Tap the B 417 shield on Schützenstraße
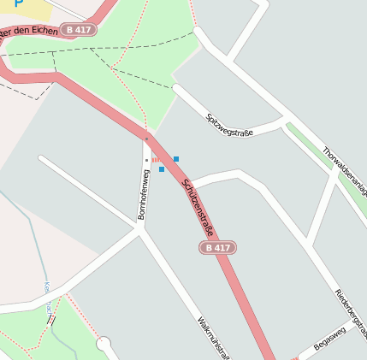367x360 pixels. coord(217,247)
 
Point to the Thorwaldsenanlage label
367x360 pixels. coord(346,171)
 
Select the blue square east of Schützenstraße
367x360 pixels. coord(176,159)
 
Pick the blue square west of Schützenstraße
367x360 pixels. coord(161,169)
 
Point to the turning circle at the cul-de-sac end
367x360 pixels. coord(105,345)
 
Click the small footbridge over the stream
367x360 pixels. coord(51,320)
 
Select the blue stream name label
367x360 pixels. coord(48,295)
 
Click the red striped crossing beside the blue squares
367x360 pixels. coord(157,159)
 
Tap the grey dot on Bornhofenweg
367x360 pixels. coord(146,160)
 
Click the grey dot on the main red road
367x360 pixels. coord(146,137)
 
